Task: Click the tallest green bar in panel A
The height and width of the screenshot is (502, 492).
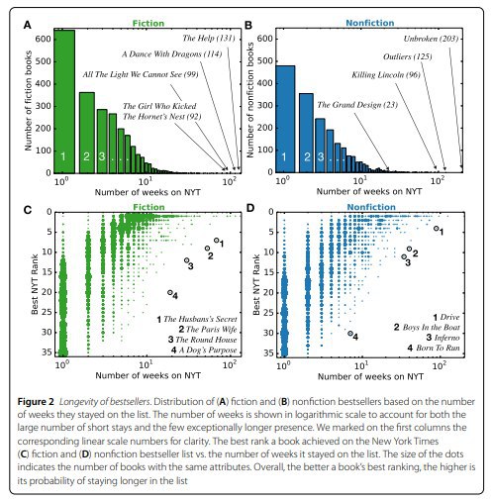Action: tap(64, 101)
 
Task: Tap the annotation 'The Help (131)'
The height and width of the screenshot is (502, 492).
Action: tap(209, 39)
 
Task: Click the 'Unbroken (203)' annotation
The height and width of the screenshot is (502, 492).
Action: tap(431, 39)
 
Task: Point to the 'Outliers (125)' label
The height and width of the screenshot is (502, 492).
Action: tap(408, 56)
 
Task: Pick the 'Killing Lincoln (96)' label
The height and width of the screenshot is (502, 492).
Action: tap(386, 75)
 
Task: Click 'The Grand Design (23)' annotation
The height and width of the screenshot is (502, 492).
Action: tap(357, 105)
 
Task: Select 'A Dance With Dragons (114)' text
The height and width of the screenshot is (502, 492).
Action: tap(172, 53)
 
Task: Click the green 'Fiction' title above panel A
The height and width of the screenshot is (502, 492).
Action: tap(148, 24)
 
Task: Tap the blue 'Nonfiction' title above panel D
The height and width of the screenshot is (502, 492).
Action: tap(371, 207)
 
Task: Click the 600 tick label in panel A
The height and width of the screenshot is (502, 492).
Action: tap(44, 39)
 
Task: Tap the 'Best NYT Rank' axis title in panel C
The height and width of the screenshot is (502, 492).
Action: tap(35, 284)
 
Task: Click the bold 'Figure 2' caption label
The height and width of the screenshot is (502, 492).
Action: tap(36, 402)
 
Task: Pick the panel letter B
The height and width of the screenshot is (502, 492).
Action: tap(248, 25)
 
